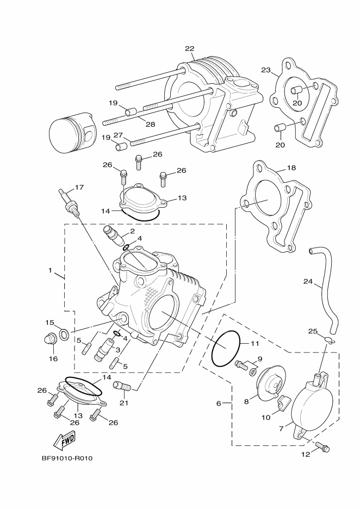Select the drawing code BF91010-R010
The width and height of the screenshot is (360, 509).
click(67, 458)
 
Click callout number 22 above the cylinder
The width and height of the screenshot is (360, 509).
click(189, 49)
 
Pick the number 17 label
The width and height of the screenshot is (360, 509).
click(79, 188)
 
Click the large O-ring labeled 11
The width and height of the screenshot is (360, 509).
click(225, 349)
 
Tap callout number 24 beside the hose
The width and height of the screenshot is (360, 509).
click(308, 282)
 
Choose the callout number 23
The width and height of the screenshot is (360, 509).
click(266, 70)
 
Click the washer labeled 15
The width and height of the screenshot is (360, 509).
click(64, 333)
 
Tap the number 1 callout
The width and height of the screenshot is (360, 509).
click(50, 270)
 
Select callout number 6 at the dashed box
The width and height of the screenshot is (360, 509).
click(219, 404)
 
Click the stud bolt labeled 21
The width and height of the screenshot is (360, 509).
click(122, 387)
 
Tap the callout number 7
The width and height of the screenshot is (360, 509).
click(281, 429)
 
